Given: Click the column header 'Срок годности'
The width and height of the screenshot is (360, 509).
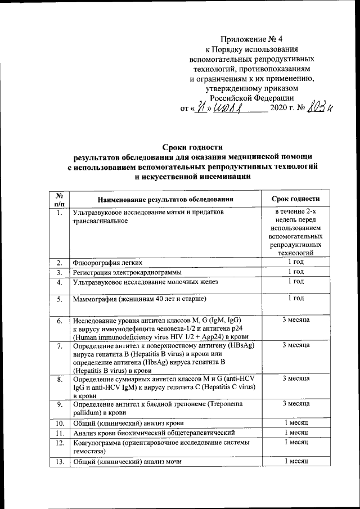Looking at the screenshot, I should pos(296,199).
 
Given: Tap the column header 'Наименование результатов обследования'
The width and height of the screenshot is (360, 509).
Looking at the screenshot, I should pos(165,200).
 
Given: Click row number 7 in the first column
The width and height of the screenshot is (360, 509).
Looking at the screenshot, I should pos(60,345).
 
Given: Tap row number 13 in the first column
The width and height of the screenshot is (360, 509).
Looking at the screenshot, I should pos(60,462).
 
